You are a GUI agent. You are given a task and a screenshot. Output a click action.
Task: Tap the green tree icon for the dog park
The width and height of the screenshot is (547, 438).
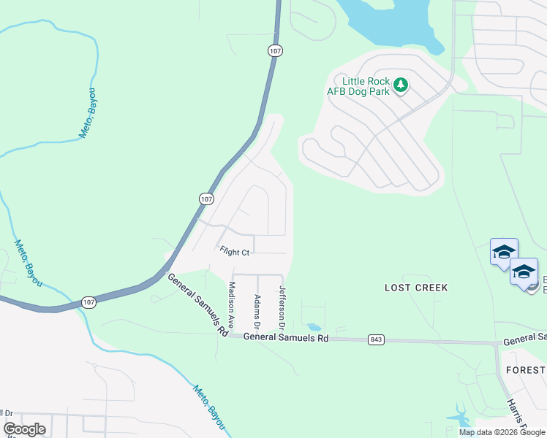pyautogui.click(x=400, y=85)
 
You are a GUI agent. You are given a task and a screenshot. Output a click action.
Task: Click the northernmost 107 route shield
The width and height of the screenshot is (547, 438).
pyautogui.click(x=275, y=51)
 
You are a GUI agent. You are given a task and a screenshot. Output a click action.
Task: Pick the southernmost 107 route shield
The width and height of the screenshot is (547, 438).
pyautogui.click(x=88, y=302)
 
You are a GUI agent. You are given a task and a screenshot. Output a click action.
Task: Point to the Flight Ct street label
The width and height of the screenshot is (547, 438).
pyautogui.click(x=235, y=251)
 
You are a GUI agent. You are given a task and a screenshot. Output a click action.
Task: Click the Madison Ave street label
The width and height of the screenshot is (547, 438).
pyautogui.click(x=232, y=305)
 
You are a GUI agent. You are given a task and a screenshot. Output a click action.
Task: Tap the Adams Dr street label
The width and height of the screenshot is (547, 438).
pyautogui.click(x=257, y=310)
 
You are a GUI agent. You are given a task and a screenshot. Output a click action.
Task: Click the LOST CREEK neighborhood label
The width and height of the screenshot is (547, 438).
pyautogui.click(x=416, y=288)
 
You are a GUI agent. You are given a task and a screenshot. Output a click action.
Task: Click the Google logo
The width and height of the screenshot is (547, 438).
pyautogui.click(x=24, y=429)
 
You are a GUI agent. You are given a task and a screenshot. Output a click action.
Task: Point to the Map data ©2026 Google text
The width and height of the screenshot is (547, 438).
pyautogui.click(x=502, y=432)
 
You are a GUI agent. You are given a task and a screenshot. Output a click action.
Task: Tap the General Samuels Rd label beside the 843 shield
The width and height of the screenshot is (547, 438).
pyautogui.click(x=285, y=337)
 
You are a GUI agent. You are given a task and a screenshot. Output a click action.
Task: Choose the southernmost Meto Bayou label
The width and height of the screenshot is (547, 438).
pyautogui.click(x=209, y=406)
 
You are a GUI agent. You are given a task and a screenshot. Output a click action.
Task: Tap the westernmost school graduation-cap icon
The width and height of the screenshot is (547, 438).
pyautogui.click(x=504, y=253)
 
